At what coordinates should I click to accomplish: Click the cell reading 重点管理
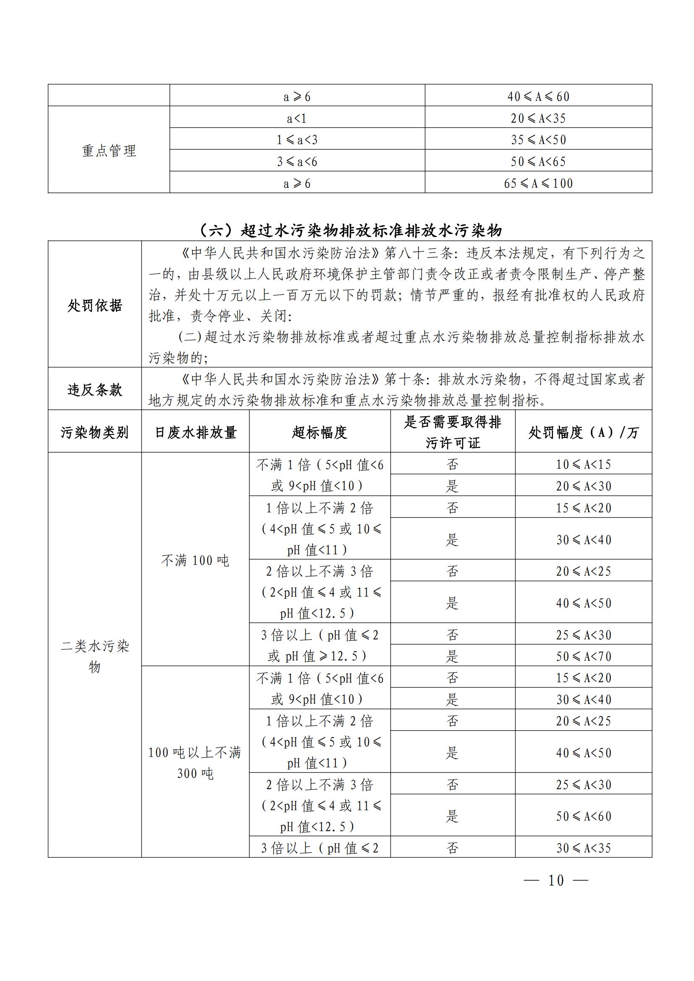pyautogui.click(x=109, y=151)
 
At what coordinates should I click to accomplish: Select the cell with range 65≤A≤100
pyautogui.click(x=538, y=183)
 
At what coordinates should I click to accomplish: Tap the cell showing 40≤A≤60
pyautogui.click(x=538, y=96)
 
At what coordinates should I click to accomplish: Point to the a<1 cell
pyautogui.click(x=297, y=118)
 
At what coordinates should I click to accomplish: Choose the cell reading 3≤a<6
pyautogui.click(x=297, y=161)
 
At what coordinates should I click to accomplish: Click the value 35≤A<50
pyautogui.click(x=538, y=140)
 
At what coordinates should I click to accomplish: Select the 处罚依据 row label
pyautogui.click(x=94, y=305)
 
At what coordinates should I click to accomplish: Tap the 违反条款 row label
pyautogui.click(x=94, y=389)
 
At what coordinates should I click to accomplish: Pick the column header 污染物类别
pyautogui.click(x=94, y=432)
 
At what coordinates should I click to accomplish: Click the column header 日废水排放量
pyautogui.click(x=195, y=432)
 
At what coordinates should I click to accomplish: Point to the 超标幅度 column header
pyautogui.click(x=319, y=432)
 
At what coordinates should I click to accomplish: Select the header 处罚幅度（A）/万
pyautogui.click(x=583, y=432)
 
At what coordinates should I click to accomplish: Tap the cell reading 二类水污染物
pyautogui.click(x=94, y=656)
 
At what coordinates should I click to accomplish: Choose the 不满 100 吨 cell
pyautogui.click(x=195, y=560)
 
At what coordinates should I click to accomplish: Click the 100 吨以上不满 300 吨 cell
pyautogui.click(x=195, y=762)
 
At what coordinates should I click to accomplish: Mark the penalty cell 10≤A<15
pyautogui.click(x=583, y=464)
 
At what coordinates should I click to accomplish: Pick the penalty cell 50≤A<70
pyautogui.click(x=583, y=656)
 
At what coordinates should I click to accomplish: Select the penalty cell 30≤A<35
pyautogui.click(x=583, y=848)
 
